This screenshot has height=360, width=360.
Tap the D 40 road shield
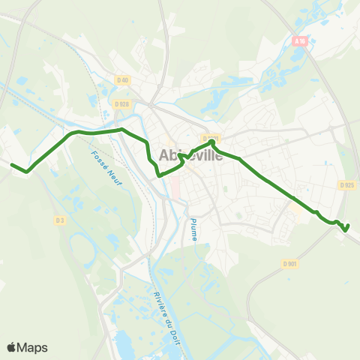click(x=123, y=80)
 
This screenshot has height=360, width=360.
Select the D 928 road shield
click(x=121, y=104)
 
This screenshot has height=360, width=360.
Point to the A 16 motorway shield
click(x=301, y=42)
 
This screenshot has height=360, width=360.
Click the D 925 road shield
click(x=346, y=184)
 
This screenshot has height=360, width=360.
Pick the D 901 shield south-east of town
click(x=290, y=263)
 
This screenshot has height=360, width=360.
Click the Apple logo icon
click(x=12, y=346)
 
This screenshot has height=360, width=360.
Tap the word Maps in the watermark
click(x=33, y=347)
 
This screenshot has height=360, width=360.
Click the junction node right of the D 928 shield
click(x=151, y=105)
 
